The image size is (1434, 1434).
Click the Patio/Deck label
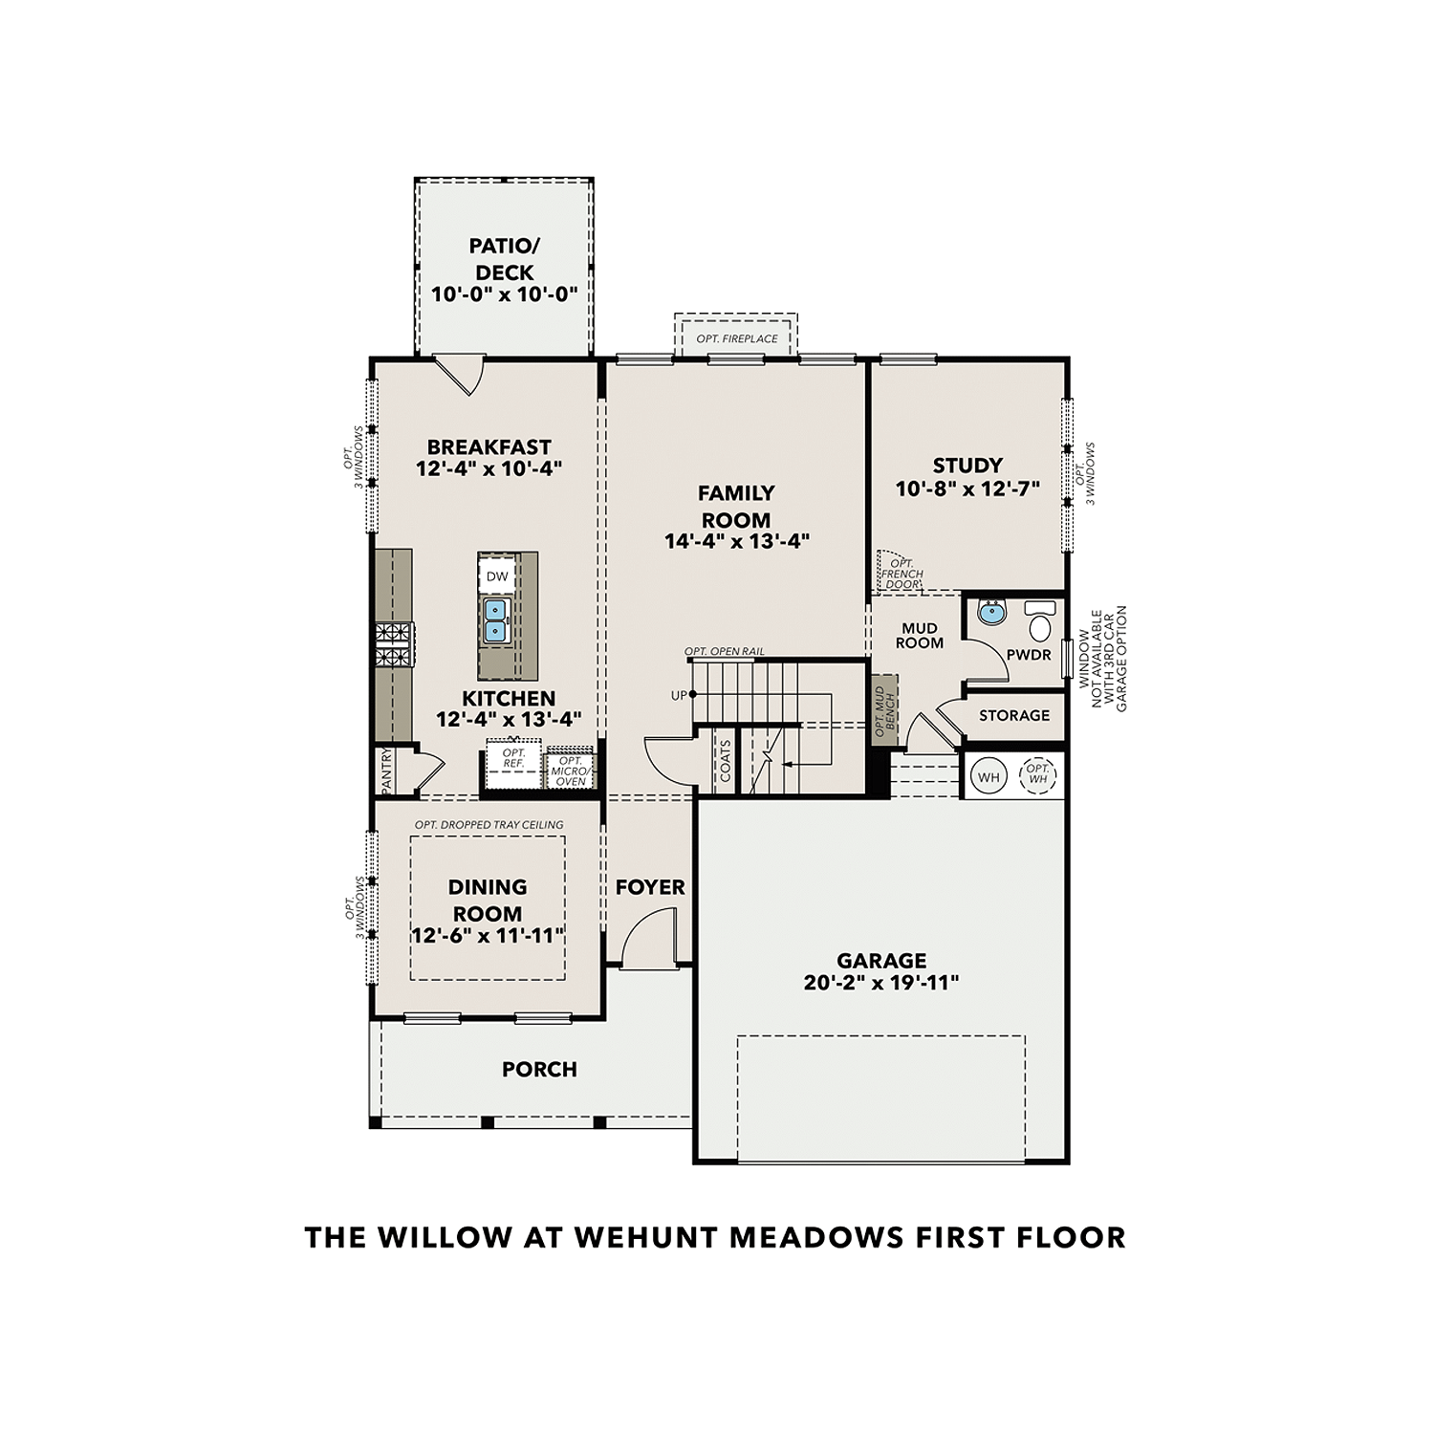[504, 259]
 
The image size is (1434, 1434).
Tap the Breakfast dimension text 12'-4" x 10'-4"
[489, 468]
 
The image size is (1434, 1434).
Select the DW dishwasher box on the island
[497, 576]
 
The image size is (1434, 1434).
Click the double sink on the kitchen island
[494, 620]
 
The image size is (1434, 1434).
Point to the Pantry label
[387, 770]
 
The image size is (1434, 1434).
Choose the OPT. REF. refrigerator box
[513, 759]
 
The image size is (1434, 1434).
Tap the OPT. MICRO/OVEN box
[571, 771]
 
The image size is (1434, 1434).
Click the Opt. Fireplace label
[736, 338]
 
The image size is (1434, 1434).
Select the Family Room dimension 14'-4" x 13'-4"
[737, 541]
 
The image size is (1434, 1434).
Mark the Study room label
[967, 466]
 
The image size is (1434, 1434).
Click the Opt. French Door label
[902, 574]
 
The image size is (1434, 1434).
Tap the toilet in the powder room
[1039, 621]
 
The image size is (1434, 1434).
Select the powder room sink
[992, 612]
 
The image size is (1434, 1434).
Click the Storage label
[1013, 715]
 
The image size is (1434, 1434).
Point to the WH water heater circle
[989, 777]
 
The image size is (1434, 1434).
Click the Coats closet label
[726, 761]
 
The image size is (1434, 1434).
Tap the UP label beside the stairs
[679, 695]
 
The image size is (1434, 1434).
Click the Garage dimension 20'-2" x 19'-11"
[880, 982]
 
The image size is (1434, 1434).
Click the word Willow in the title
[444, 1237]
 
